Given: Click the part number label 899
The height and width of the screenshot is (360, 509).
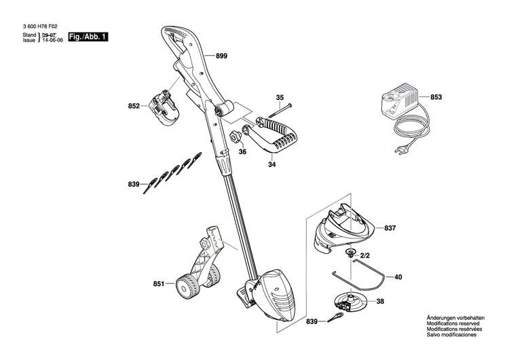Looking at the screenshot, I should coord(222,58).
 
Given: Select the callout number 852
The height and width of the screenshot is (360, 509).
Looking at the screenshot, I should coord(134,106).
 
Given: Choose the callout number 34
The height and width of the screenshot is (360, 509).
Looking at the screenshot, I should coord(271,163).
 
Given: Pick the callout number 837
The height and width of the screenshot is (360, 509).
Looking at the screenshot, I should coord(390,228).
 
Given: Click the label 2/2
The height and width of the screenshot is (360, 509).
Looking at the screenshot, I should coord(364,255).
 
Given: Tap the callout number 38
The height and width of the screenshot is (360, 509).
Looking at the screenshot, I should coord(380,302).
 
